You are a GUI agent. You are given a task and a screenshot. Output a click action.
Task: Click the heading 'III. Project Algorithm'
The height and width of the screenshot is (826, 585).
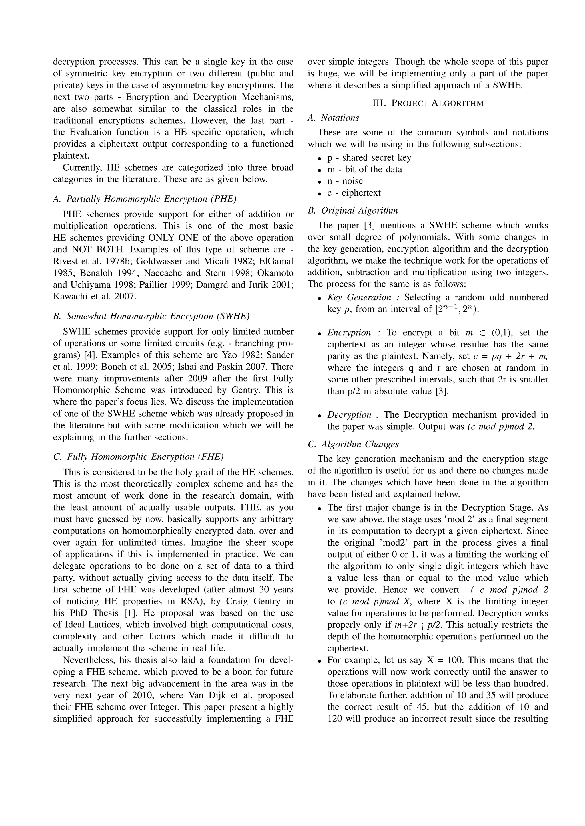point(428,103)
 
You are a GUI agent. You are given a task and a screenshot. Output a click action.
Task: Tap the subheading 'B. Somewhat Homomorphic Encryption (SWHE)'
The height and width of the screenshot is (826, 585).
point(151,316)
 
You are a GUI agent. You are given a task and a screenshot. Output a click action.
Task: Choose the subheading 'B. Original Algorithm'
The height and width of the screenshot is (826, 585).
point(353,210)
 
